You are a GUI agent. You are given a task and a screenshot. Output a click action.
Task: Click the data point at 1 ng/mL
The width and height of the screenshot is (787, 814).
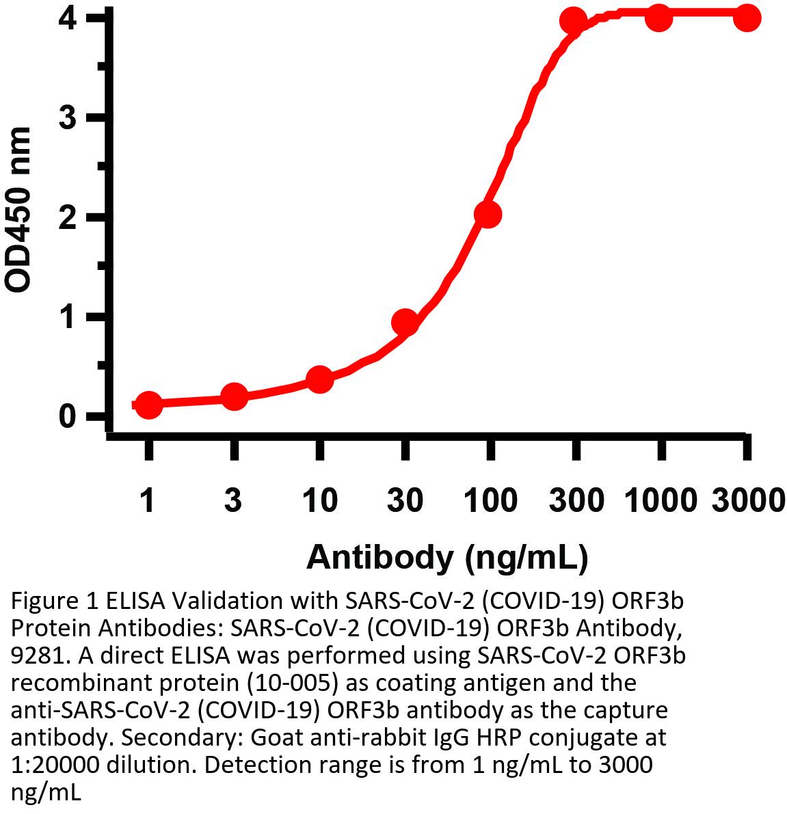(148, 405)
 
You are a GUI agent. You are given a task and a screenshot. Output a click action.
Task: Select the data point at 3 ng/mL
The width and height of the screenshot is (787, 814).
(234, 396)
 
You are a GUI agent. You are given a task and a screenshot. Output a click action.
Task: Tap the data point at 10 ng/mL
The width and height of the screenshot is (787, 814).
(319, 379)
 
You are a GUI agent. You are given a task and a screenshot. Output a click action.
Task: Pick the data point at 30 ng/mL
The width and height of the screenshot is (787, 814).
(405, 321)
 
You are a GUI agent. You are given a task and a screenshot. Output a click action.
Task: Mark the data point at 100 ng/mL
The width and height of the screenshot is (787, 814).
(488, 215)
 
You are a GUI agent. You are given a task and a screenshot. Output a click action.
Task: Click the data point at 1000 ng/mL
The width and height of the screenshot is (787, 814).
(659, 18)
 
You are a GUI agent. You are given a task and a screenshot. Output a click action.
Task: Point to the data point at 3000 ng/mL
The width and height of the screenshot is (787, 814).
(747, 18)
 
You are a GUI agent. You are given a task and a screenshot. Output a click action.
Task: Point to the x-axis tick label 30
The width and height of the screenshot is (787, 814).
(405, 501)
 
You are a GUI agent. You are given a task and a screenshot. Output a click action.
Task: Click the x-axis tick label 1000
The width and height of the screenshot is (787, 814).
(659, 501)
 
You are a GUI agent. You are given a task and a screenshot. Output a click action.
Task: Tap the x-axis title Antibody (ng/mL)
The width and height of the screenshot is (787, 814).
(447, 557)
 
